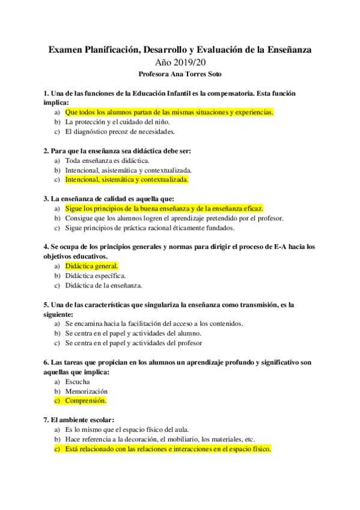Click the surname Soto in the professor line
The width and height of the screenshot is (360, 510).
click(211, 75)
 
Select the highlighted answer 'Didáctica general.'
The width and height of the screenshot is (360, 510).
click(91, 266)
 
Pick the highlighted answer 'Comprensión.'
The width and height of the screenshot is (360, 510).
click(85, 401)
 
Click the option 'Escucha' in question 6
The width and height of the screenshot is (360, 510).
click(78, 381)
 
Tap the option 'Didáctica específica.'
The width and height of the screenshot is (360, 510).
click(96, 275)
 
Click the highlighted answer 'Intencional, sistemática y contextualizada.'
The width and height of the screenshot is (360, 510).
click(126, 179)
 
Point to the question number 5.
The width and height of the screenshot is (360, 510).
click(46, 305)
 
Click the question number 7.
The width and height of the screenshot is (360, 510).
click(46, 420)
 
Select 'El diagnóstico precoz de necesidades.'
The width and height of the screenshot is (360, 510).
click(120, 131)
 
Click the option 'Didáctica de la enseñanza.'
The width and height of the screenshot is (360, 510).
click(103, 285)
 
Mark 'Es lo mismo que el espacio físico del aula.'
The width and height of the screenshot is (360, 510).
click(127, 429)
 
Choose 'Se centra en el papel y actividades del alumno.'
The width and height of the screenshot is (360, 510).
click(133, 333)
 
